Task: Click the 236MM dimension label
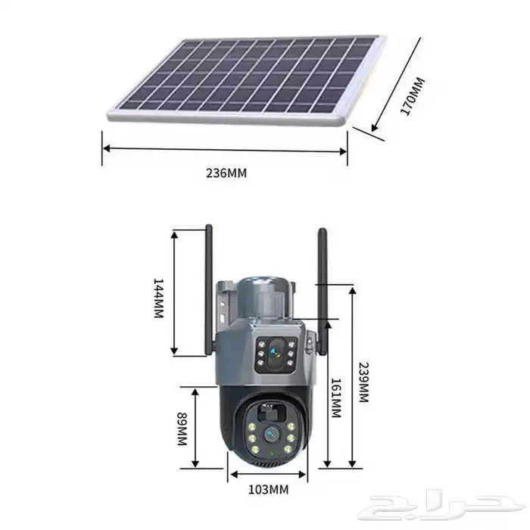click(x=226, y=173)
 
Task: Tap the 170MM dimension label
click(x=413, y=96)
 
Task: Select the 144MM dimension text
click(x=158, y=298)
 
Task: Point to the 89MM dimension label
click(x=182, y=429)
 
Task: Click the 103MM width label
click(x=268, y=489)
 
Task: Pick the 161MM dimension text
click(x=335, y=397)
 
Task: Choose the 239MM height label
click(x=363, y=382)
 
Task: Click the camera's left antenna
click(x=208, y=290)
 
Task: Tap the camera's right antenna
click(x=323, y=291)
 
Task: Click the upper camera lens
click(x=276, y=354)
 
